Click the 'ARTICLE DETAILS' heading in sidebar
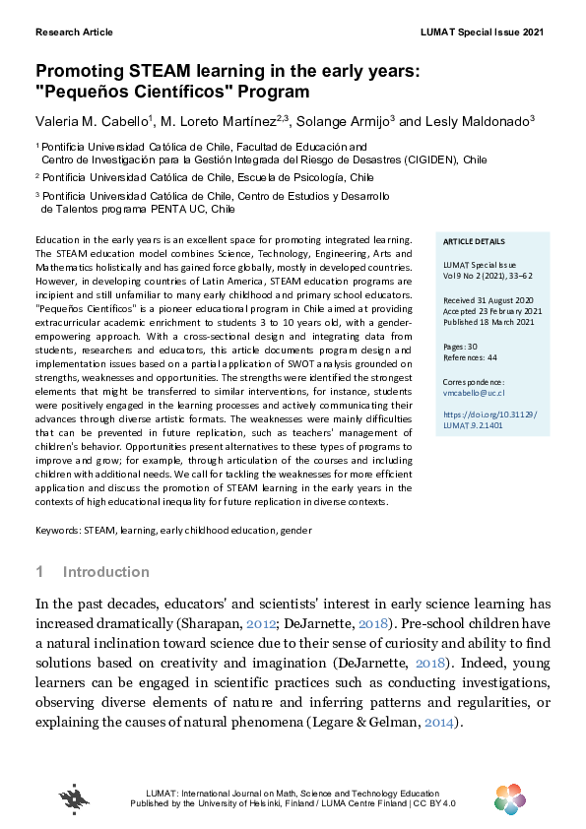(x=475, y=241)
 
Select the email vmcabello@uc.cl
(x=474, y=392)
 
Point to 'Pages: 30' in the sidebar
(x=461, y=348)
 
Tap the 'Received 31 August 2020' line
(x=488, y=298)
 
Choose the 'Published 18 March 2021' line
(x=488, y=320)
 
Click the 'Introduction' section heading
(x=105, y=572)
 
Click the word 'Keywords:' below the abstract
(x=58, y=530)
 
